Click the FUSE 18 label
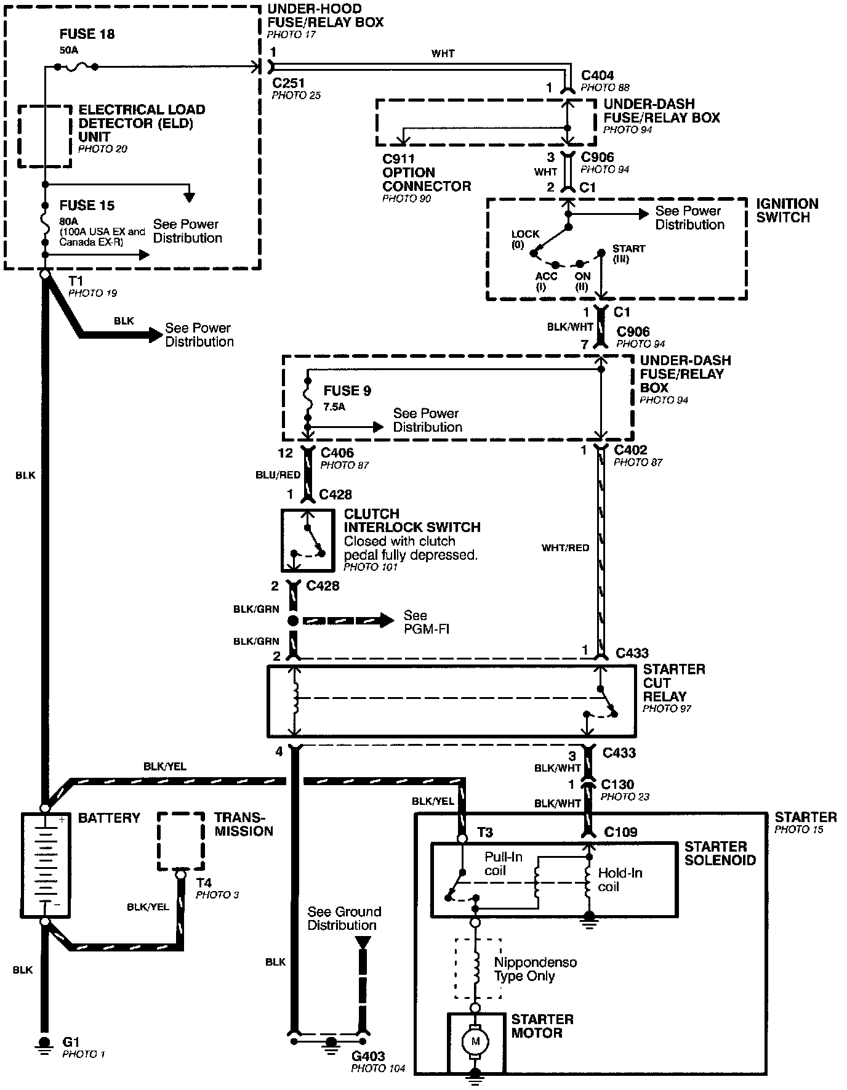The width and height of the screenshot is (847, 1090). (x=87, y=34)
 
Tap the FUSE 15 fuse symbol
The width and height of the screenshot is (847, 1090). (x=45, y=222)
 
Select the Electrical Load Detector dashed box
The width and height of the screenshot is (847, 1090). (x=44, y=136)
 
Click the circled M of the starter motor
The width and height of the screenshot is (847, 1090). (x=475, y=1041)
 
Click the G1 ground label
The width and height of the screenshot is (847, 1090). (x=71, y=1042)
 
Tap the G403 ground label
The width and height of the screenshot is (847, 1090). (x=368, y=1056)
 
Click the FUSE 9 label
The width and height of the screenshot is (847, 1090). (x=347, y=390)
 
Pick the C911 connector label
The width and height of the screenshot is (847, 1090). (x=398, y=159)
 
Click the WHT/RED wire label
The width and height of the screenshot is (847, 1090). (x=565, y=547)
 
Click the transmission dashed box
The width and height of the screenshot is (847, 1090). (x=181, y=841)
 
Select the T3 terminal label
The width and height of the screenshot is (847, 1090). (x=485, y=833)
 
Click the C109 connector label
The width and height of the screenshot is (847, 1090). (x=620, y=833)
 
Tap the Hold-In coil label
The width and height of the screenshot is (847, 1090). (x=619, y=879)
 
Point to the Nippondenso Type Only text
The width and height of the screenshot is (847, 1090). (x=535, y=969)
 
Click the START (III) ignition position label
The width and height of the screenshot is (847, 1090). (x=628, y=253)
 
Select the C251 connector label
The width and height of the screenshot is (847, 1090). (x=289, y=83)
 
